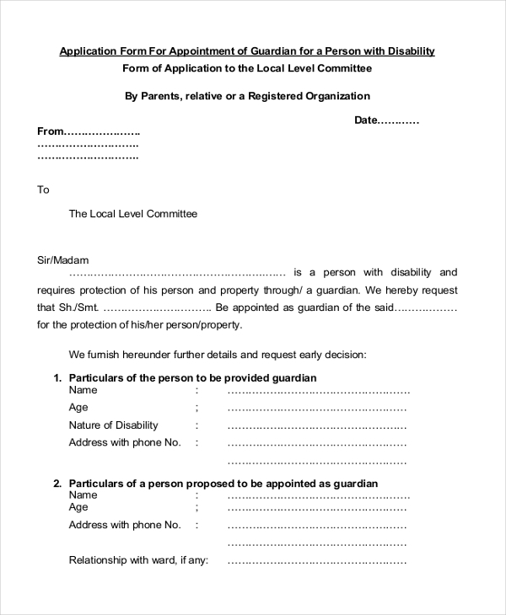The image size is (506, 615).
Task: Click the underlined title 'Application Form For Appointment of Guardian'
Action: (246, 51)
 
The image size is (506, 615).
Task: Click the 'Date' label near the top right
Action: (366, 120)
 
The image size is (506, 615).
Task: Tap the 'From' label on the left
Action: (51, 131)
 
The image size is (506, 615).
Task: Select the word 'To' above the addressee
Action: (44, 190)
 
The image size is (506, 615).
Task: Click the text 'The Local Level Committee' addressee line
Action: (132, 214)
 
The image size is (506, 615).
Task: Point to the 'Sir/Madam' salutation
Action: (63, 260)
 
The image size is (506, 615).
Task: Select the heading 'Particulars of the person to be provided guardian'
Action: (192, 378)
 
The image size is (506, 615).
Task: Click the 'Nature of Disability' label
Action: (113, 425)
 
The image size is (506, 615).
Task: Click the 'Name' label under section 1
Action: (83, 390)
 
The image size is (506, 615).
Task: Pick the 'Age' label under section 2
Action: (78, 507)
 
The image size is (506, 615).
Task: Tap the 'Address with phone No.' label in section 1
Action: (125, 442)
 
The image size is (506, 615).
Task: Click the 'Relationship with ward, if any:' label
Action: (138, 560)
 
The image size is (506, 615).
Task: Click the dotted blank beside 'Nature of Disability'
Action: (318, 425)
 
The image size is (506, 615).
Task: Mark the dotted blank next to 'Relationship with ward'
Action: (318, 560)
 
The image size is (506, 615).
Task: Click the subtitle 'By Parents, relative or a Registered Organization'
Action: (247, 96)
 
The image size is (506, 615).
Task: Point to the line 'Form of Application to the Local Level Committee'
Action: (246, 68)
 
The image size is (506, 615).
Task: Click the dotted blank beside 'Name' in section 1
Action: (318, 391)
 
